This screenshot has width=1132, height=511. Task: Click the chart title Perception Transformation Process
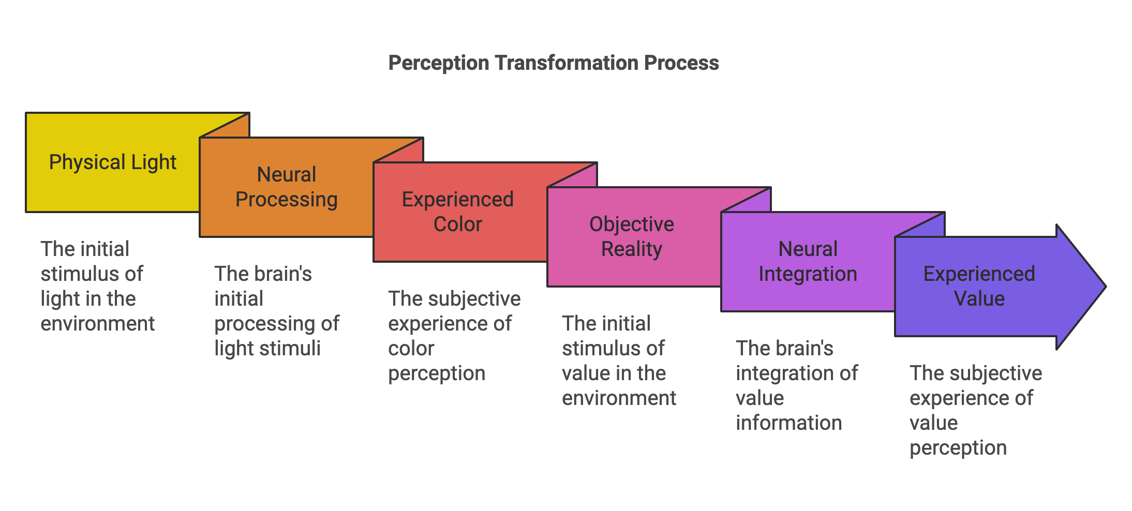(554, 63)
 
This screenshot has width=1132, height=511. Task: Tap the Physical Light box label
(113, 162)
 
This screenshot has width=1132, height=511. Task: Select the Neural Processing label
(287, 187)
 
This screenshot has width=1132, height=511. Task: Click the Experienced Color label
(458, 212)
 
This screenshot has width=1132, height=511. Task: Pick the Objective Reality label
(632, 236)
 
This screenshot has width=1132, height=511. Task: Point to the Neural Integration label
(808, 261)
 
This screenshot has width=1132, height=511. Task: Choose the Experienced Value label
(979, 286)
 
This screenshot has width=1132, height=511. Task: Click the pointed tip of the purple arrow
(1106, 287)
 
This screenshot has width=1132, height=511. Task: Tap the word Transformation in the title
(567, 63)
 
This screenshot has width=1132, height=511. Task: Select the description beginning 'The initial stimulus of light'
(97, 286)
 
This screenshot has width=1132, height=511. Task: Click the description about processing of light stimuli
(277, 311)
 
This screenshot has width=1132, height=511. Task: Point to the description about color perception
(454, 336)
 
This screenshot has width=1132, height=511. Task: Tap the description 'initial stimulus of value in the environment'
(619, 360)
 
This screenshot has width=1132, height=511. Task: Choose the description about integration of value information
(797, 385)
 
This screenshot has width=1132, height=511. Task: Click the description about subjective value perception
(976, 410)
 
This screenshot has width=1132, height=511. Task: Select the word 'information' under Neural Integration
(789, 423)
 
